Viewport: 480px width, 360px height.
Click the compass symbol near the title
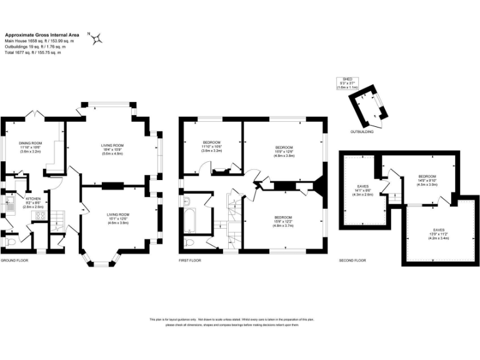97,39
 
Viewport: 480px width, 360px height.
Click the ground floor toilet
9,240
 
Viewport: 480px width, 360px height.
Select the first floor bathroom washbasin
187,201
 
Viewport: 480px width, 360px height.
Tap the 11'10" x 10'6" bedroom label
212,147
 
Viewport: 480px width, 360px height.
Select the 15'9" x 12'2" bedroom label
284,221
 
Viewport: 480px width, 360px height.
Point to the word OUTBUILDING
362,132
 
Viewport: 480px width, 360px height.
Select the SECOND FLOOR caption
353,260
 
